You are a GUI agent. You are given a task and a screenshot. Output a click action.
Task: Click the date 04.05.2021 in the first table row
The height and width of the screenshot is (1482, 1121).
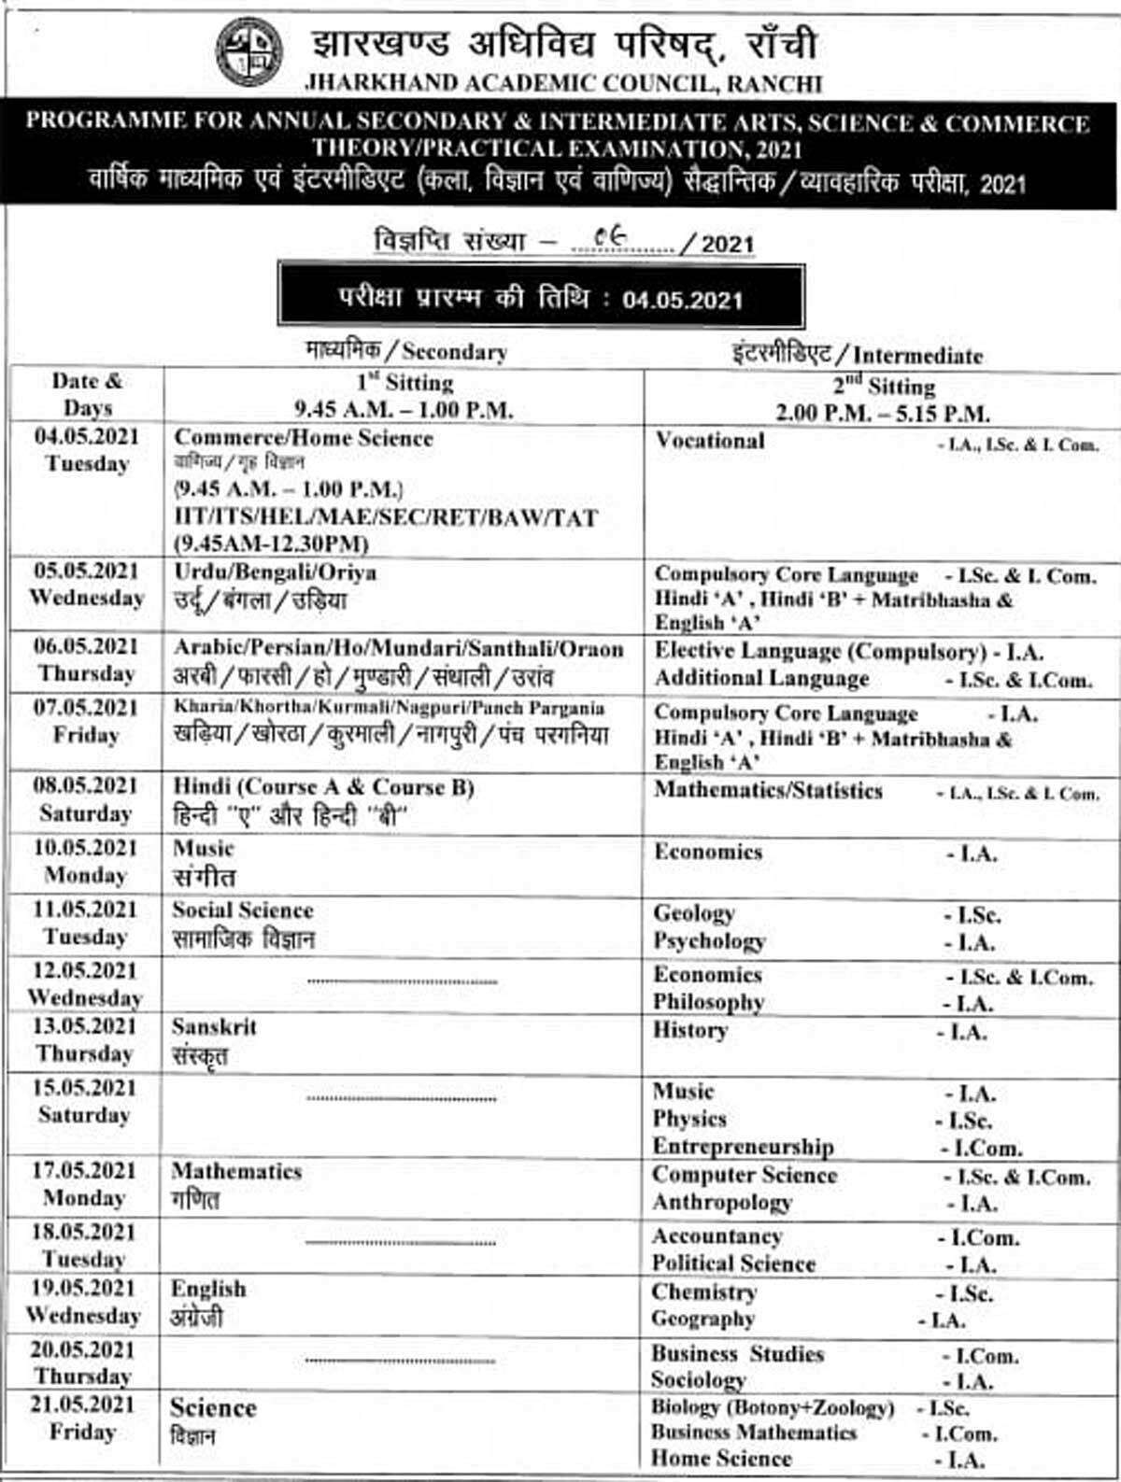click(86, 436)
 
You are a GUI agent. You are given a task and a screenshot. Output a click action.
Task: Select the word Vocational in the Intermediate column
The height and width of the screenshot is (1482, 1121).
click(710, 441)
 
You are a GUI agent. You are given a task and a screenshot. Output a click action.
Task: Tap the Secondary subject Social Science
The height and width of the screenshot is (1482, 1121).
click(243, 910)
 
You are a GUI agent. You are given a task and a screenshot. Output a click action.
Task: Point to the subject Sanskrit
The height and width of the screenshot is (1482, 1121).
click(214, 1027)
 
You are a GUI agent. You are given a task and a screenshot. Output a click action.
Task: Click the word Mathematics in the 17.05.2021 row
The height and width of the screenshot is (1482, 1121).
click(236, 1171)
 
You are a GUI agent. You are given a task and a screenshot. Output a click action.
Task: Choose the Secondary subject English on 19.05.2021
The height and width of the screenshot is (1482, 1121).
click(208, 1289)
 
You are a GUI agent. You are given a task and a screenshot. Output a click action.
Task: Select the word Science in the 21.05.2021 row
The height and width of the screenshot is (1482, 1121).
click(213, 1407)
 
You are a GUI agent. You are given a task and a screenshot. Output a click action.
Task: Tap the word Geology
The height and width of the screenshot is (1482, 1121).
click(694, 913)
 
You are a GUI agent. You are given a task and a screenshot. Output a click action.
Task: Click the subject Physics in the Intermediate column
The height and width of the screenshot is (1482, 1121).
click(689, 1119)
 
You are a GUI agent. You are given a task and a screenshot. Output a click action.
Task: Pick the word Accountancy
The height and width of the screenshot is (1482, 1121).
click(717, 1236)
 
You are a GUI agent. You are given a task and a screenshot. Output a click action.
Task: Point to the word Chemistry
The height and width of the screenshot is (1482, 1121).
click(704, 1292)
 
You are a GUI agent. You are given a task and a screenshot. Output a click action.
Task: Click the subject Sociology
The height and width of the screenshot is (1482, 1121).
click(699, 1379)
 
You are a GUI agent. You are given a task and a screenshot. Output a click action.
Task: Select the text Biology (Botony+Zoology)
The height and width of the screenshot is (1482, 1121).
click(773, 1407)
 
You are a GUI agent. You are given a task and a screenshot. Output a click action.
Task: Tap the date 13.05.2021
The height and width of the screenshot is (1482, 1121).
click(85, 1026)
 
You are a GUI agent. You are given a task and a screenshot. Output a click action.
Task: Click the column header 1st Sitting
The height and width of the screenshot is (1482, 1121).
click(404, 382)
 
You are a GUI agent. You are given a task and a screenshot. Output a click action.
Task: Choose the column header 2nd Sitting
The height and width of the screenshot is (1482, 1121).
click(883, 386)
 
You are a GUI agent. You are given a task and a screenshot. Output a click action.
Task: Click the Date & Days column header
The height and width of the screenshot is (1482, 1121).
click(87, 394)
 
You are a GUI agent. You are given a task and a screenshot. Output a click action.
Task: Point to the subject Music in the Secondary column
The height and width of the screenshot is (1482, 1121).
click(204, 849)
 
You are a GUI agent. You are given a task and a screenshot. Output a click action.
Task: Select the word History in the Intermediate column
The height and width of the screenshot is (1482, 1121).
click(690, 1031)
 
